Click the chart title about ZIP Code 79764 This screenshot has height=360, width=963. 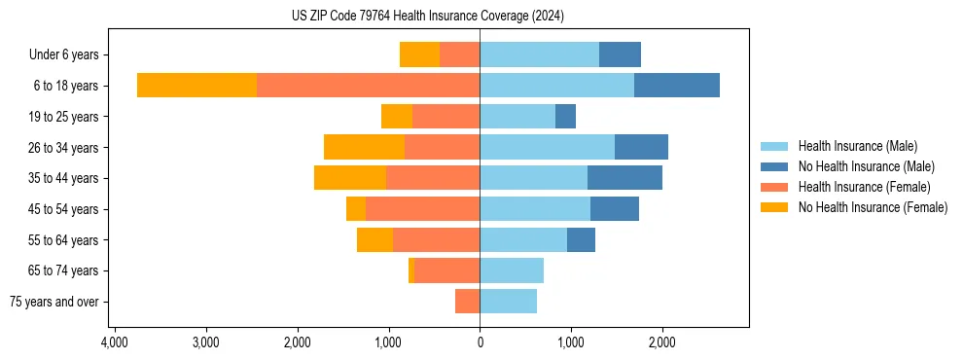point(427,17)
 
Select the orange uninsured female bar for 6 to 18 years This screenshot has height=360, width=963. point(196,86)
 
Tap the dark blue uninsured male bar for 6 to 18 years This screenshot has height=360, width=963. point(677,86)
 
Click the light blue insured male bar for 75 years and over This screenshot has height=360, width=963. point(508,302)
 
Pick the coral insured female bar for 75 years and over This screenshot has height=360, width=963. point(467,302)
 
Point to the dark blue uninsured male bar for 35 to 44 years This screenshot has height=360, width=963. point(624,178)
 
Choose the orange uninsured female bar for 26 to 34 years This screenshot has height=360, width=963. point(364,147)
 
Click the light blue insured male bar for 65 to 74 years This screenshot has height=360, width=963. point(512,270)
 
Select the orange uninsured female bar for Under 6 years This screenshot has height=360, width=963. point(419,54)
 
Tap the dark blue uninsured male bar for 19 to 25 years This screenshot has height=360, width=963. point(565,117)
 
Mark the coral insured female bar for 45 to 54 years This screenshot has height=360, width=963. point(422,209)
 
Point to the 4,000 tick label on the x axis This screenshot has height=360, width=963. point(114,342)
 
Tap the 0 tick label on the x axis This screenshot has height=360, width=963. point(480,342)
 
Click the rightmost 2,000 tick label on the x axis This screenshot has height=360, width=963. point(662,342)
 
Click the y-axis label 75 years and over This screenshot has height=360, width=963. point(54,302)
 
